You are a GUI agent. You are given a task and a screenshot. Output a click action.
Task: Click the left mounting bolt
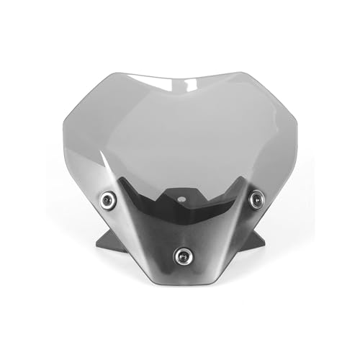point(107,197)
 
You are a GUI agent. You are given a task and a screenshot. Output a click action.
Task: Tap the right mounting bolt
point(255,197)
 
